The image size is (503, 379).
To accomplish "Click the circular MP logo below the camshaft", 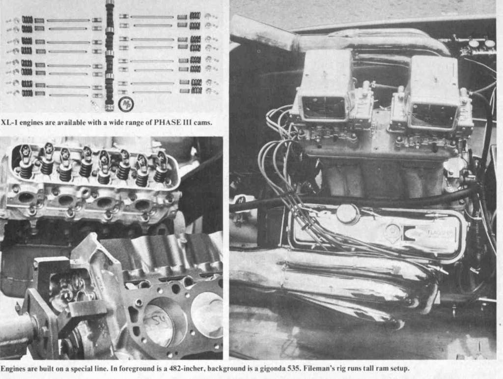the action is [x=126, y=104].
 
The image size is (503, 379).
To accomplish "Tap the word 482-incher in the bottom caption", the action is [x=186, y=368].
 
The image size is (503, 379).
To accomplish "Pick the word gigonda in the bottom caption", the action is [x=274, y=369].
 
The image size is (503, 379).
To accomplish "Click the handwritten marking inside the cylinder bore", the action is [x=158, y=319].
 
